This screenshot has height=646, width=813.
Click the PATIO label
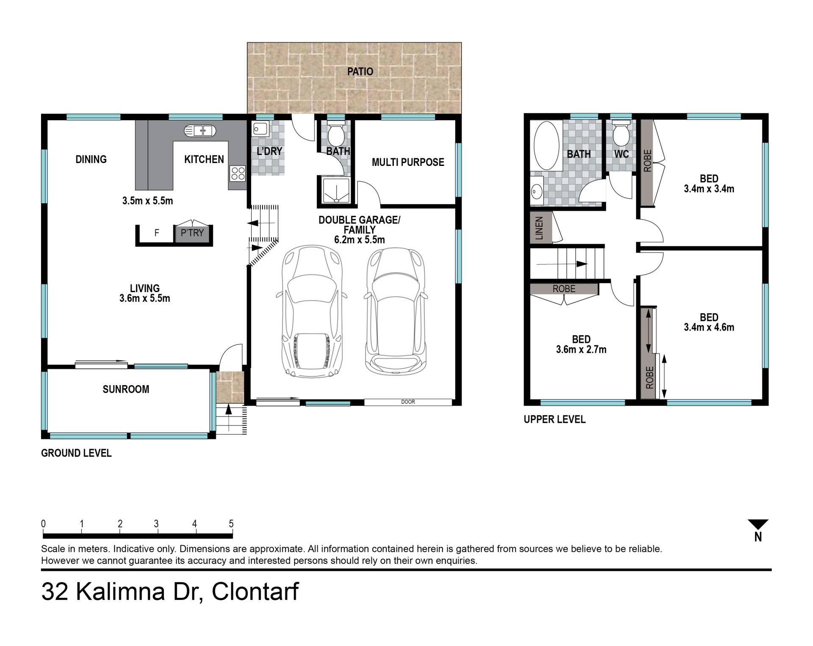(x=360, y=72)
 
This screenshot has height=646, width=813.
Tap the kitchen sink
(x=200, y=131)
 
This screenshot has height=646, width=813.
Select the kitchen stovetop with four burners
(x=238, y=173)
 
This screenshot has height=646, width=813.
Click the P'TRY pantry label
(x=192, y=233)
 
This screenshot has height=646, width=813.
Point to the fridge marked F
(x=157, y=233)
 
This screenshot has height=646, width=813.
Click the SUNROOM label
(x=126, y=389)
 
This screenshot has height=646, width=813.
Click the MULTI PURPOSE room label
(x=408, y=162)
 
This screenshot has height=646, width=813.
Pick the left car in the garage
(x=312, y=311)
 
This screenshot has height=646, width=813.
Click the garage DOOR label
(x=408, y=402)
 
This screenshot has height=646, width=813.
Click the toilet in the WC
(x=621, y=134)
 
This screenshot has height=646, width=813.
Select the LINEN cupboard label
(x=539, y=228)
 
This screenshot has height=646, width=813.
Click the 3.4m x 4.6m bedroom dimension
(x=709, y=327)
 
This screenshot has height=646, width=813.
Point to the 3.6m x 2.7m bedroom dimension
(x=581, y=350)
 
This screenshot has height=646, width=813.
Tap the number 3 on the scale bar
(x=156, y=524)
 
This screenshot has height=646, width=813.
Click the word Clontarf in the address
(x=255, y=591)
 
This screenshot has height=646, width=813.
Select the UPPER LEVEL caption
(x=555, y=420)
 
